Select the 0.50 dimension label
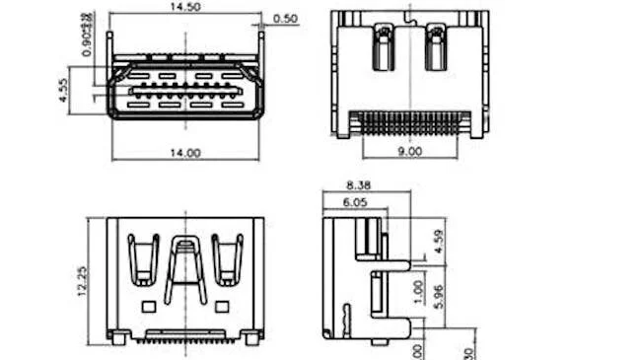click(x=286, y=19)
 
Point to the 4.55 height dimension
click(x=62, y=91)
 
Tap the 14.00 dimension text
click(x=185, y=153)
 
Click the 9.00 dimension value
click(x=408, y=152)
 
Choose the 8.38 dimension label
click(x=357, y=184)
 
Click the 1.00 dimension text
click(x=418, y=291)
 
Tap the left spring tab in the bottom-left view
click(x=144, y=259)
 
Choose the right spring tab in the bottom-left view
click(x=227, y=259)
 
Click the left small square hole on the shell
click(x=149, y=307)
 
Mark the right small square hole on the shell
click(x=222, y=307)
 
